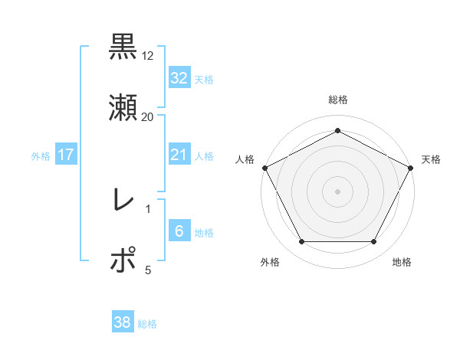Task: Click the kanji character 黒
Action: click(x=123, y=47)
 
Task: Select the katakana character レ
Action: click(x=123, y=201)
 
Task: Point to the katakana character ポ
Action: click(x=123, y=260)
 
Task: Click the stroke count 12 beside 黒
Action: click(x=148, y=56)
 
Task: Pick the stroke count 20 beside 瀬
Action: click(x=148, y=117)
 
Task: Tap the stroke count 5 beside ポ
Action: click(x=148, y=270)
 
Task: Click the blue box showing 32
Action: click(x=179, y=77)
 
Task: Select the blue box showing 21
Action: click(x=179, y=155)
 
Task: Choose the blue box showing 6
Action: click(x=179, y=231)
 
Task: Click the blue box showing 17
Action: click(x=65, y=155)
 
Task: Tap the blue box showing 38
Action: click(x=122, y=322)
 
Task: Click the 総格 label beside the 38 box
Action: click(x=147, y=324)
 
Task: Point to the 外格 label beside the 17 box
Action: click(x=41, y=155)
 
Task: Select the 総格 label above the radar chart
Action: click(x=337, y=100)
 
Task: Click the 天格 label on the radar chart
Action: click(x=431, y=159)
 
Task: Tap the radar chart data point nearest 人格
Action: click(x=264, y=167)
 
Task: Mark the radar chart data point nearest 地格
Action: click(x=374, y=242)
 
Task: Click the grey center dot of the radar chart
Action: click(x=337, y=191)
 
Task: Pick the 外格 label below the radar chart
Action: click(x=270, y=262)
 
